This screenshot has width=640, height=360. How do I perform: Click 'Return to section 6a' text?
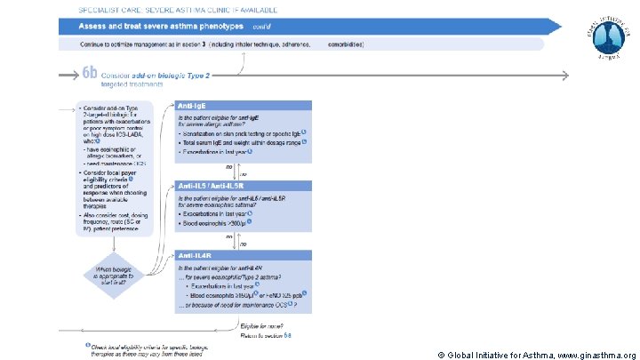(265, 335)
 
